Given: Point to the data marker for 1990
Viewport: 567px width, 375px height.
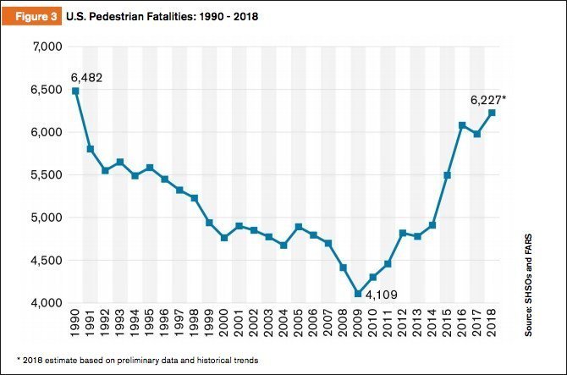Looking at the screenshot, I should coord(75,91).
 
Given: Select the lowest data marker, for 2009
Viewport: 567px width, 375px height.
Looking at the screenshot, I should coord(357,294).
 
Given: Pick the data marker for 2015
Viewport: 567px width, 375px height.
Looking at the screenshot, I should coord(447,175).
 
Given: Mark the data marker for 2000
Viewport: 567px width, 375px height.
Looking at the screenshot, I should coord(223,238).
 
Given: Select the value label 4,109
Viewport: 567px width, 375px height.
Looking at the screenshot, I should coord(380,295).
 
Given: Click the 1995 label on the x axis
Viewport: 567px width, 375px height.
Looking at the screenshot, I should coord(150,325).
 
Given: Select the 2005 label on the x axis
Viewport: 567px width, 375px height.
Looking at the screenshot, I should coord(298,325).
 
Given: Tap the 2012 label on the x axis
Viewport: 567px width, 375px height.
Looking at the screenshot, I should coord(402,325).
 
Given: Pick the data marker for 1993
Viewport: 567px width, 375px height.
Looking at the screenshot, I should coord(119,162).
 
